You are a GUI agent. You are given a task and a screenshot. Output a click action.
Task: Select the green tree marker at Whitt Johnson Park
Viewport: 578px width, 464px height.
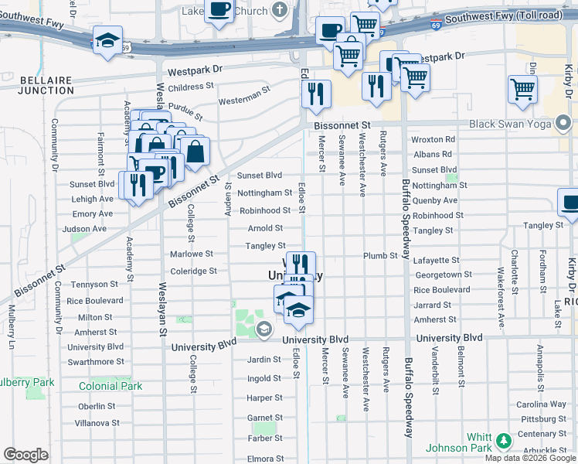point(504,441)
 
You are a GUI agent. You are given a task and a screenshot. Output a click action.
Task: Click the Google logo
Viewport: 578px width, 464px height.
point(25,455)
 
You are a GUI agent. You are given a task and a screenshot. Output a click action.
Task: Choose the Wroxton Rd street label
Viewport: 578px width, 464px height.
point(433,140)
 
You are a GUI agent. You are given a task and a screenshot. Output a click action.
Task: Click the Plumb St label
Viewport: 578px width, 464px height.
point(381,255)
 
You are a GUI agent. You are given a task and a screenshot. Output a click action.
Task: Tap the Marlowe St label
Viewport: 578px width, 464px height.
point(192,254)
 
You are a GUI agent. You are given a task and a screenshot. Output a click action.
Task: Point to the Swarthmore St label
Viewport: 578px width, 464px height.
point(96,362)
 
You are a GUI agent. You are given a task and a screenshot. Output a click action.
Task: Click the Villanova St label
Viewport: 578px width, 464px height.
point(98,423)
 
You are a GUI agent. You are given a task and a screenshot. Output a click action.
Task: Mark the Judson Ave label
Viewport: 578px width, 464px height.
point(84,229)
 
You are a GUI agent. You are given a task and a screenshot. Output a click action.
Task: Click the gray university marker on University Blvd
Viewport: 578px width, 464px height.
point(263,330)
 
